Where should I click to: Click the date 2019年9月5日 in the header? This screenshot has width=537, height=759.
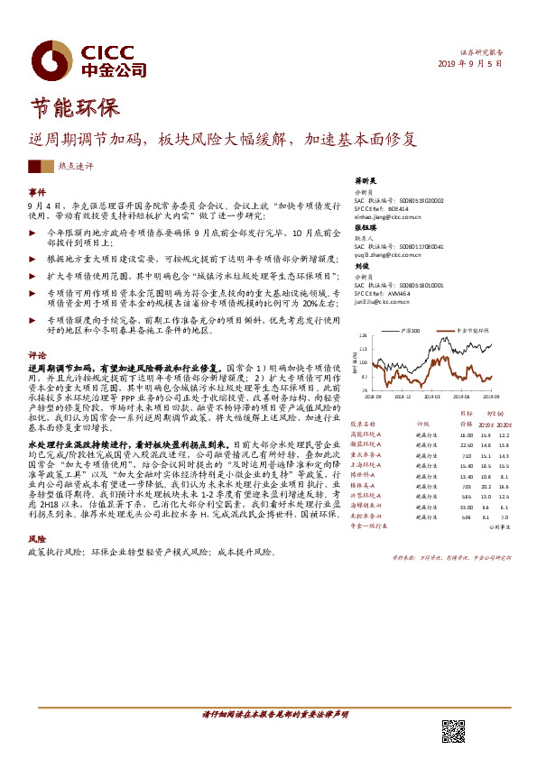pyautogui.click(x=474, y=64)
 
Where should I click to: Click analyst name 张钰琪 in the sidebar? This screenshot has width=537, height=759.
pyautogui.click(x=364, y=228)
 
